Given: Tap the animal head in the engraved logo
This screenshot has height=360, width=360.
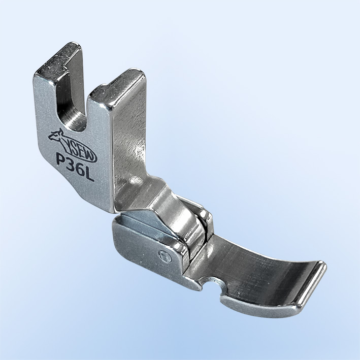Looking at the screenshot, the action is [x=56, y=136].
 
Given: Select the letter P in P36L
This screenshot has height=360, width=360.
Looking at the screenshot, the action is [x=61, y=159].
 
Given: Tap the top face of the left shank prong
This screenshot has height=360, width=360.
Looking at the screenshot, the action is [x=58, y=58].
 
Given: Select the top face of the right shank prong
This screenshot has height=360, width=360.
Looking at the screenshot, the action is [x=118, y=88].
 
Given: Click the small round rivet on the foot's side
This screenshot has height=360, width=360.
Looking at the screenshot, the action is [x=166, y=256].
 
